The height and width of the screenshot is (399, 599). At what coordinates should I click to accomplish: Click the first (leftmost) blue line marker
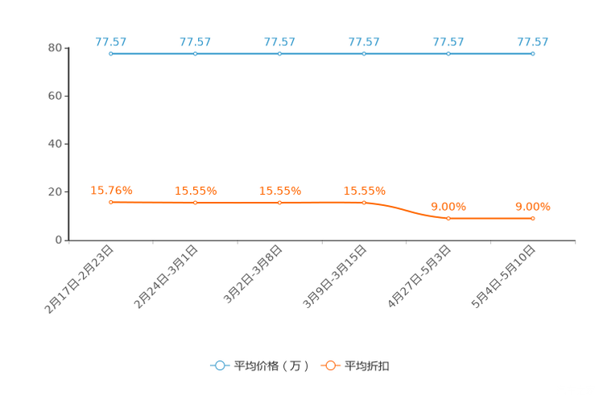tap(110, 53)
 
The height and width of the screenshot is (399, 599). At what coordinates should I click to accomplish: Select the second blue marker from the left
tap(196, 53)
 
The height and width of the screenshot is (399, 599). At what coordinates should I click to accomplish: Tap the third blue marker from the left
tap(280, 53)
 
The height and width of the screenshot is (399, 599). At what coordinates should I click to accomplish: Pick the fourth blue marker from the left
tap(365, 53)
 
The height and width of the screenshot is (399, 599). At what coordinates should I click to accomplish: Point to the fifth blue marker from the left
tap(448, 53)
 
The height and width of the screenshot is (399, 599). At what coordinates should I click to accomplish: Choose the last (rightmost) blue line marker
tap(533, 53)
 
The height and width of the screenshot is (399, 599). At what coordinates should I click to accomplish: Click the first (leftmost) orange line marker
tap(110, 202)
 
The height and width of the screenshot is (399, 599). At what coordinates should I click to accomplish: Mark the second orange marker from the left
tap(196, 203)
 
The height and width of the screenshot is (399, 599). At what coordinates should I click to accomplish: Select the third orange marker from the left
tap(280, 203)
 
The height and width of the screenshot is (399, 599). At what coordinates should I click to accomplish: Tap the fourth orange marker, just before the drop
tap(365, 203)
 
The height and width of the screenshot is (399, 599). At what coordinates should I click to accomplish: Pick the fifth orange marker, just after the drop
tap(448, 218)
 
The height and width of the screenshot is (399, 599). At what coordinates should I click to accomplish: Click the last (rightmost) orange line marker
tap(533, 218)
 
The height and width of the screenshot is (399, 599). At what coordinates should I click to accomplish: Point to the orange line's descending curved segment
tap(407, 211)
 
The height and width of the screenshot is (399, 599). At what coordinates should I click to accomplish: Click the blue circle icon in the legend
tap(220, 365)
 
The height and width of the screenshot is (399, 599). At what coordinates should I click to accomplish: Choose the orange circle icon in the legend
tap(330, 365)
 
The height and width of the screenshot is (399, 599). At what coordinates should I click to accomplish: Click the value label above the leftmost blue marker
tap(110, 42)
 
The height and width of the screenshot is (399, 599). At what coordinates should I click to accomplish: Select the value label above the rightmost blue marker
tap(533, 42)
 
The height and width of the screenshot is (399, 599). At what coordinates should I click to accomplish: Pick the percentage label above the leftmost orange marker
tap(111, 191)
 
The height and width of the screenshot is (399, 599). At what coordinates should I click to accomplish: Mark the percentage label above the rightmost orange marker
tap(533, 207)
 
